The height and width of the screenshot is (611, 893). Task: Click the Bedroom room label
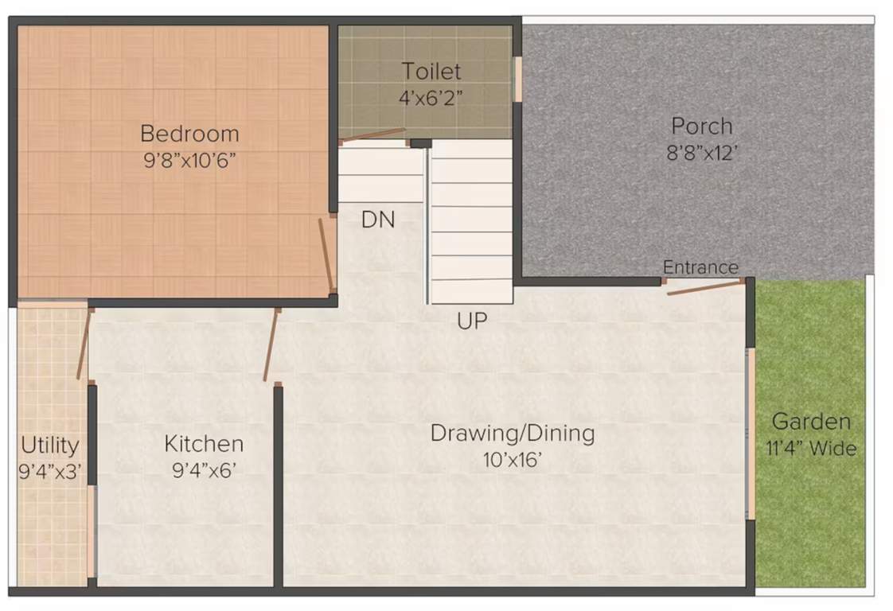(189, 132)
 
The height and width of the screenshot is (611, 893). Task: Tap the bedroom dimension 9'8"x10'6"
(189, 160)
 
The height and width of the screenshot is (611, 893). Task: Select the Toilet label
(431, 71)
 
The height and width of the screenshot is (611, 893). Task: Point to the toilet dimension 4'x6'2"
(431, 98)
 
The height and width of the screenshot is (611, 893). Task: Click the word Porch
(701, 126)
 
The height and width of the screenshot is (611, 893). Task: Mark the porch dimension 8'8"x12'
(701, 153)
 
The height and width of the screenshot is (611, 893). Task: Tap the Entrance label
(700, 267)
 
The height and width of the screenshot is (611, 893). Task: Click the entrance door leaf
(704, 287)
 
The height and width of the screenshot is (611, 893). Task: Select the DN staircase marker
(378, 220)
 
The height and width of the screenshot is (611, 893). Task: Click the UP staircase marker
(472, 321)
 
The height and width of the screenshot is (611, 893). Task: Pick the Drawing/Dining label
(513, 434)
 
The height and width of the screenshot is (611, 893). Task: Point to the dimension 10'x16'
(513, 460)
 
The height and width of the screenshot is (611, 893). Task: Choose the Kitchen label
(204, 443)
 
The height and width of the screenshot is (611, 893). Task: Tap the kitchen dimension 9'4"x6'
(204, 470)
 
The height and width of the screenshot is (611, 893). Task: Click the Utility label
(49, 444)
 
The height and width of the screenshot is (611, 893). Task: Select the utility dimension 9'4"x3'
(49, 471)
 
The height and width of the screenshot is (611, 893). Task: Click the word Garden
(811, 422)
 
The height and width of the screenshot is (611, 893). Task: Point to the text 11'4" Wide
(811, 449)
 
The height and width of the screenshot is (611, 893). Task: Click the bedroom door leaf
(326, 255)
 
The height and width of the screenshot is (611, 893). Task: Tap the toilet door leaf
(372, 136)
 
